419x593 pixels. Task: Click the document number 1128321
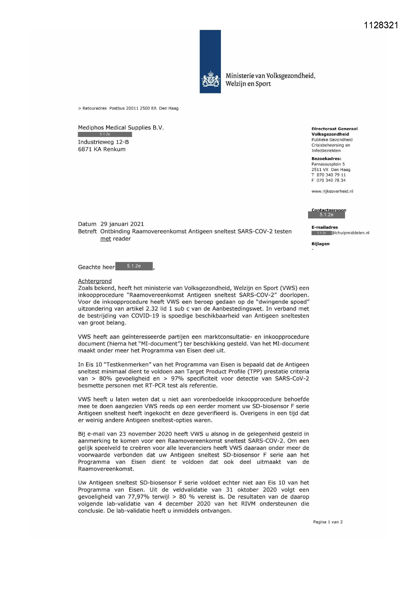(x=381, y=25)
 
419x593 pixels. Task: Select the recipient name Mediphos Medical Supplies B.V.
(x=121, y=128)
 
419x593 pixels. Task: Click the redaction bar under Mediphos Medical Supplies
(x=105, y=134)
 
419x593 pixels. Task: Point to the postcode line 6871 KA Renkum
(x=102, y=149)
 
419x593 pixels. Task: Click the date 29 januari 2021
(x=122, y=224)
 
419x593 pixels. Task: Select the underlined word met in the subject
(x=106, y=239)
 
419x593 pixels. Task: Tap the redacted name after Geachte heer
(x=134, y=266)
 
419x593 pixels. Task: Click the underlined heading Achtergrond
(x=95, y=281)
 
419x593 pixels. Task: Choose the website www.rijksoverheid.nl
(x=332, y=191)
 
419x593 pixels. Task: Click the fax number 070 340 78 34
(x=331, y=180)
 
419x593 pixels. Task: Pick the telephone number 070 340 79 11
(x=331, y=175)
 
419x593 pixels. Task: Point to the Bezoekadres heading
(x=326, y=159)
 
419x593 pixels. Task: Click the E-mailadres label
(x=325, y=227)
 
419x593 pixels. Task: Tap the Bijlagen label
(x=320, y=244)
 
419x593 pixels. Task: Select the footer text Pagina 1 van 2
(x=328, y=522)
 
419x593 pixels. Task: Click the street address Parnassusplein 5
(x=328, y=164)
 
